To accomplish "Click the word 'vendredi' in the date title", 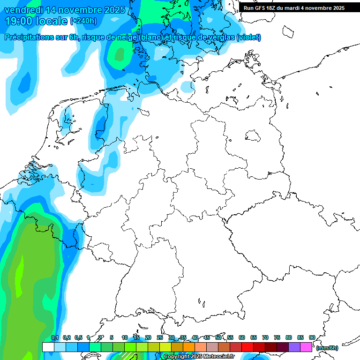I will [x=22, y=10].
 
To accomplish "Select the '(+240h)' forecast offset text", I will [x=83, y=21].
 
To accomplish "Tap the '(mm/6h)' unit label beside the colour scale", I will [x=327, y=348].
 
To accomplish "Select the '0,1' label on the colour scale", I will [x=54, y=337].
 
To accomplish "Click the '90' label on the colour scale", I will [x=312, y=337].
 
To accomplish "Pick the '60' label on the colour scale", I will [x=242, y=337].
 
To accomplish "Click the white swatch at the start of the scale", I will [x=48, y=347].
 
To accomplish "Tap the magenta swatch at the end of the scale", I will [x=306, y=347].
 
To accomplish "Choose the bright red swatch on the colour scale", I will [x=247, y=347].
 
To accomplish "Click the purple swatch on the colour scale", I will [x=294, y=347].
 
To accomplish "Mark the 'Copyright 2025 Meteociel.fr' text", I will [x=199, y=357].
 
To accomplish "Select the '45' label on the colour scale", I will [x=207, y=337].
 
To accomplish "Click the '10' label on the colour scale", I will [x=125, y=337].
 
